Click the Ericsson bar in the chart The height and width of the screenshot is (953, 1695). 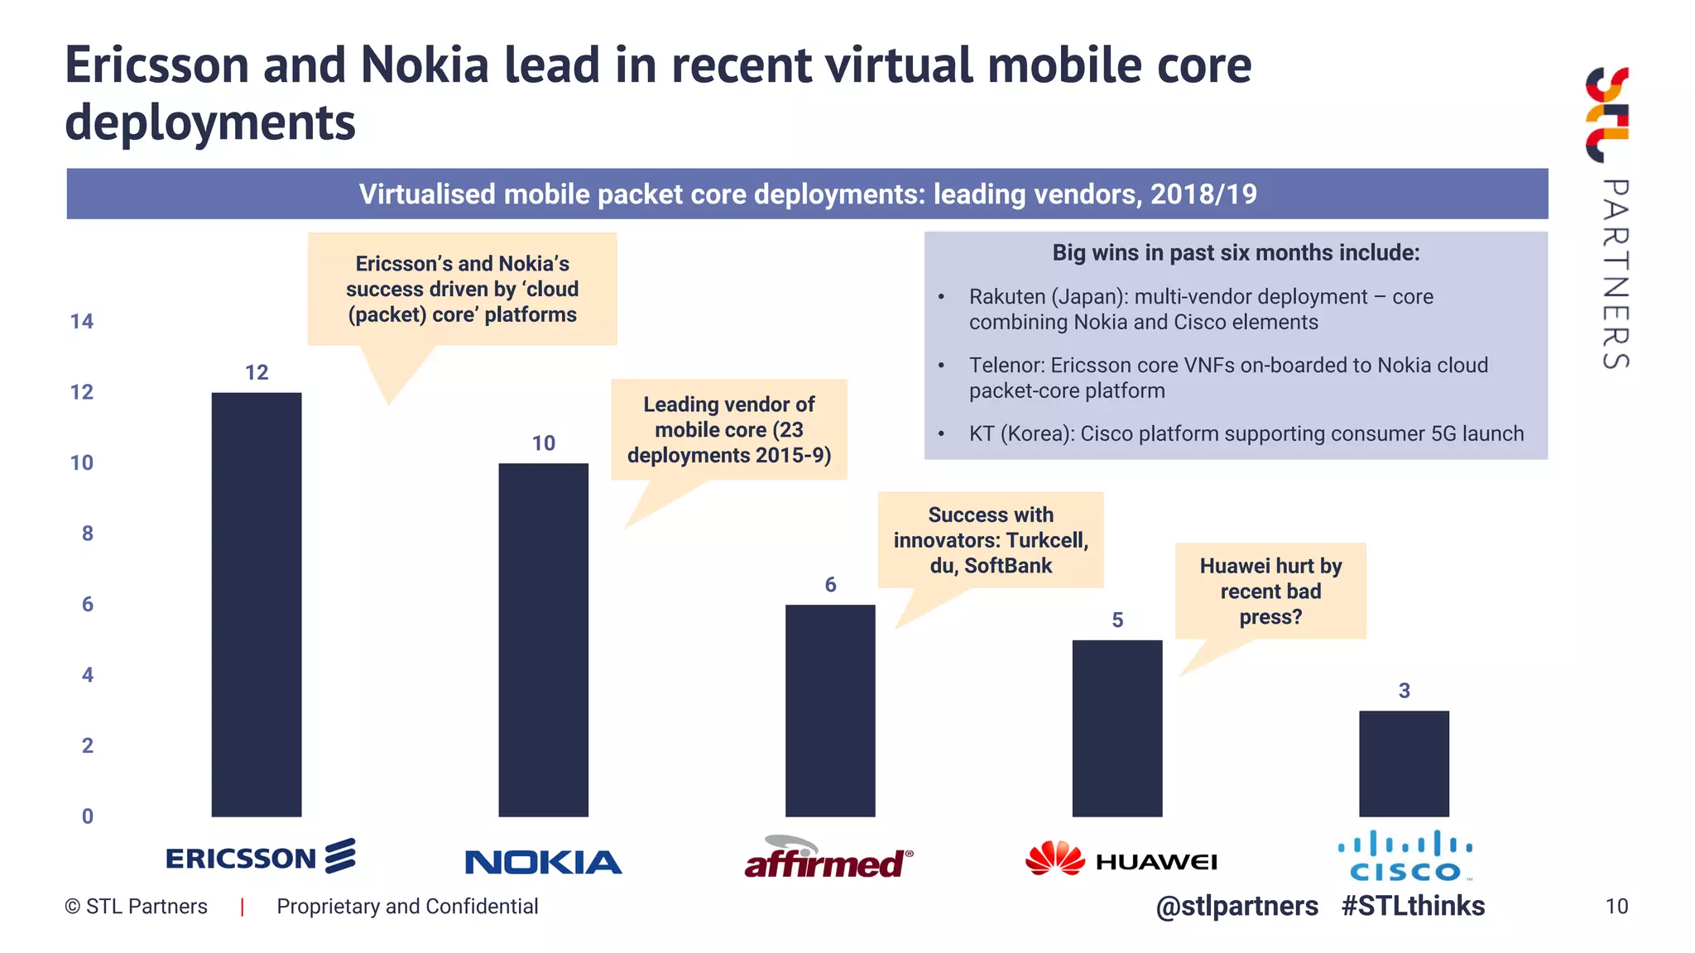pos(257,604)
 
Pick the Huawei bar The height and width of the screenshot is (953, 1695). pos(1116,728)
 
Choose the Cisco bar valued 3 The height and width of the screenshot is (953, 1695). pos(1404,763)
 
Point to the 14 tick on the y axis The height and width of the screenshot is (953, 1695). pos(82,322)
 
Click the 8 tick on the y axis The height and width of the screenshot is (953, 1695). pos(87,534)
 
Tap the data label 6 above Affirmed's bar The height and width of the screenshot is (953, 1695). pos(830,585)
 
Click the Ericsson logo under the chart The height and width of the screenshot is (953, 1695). pos(260,857)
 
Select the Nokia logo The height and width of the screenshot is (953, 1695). pos(543,862)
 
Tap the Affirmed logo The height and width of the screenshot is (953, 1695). pos(828,859)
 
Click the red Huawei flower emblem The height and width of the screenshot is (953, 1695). pos(1054,858)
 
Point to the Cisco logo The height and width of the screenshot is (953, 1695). pos(1405,857)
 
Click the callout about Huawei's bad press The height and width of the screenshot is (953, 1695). pos(1270,591)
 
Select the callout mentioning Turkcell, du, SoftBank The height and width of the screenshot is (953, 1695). pos(991,540)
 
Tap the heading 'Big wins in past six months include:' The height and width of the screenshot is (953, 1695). pos(1235,253)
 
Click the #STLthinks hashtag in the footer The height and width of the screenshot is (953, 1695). pos(1413,906)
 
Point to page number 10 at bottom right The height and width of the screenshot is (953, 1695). pos(1616,907)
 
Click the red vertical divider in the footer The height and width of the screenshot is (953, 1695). pos(242,907)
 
